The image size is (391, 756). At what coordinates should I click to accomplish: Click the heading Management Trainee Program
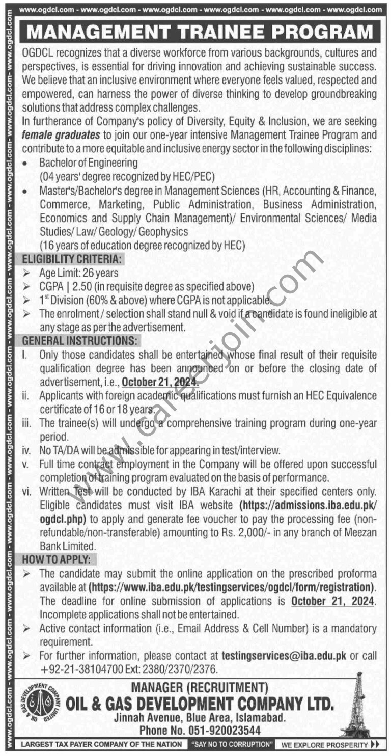200,32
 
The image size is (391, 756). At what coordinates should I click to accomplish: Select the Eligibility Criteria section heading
71,259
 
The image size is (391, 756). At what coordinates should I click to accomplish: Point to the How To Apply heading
53,559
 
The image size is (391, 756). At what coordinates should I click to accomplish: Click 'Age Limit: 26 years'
78,273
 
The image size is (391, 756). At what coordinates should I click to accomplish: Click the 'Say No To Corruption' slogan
232,744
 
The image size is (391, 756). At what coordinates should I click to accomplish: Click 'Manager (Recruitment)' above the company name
200,689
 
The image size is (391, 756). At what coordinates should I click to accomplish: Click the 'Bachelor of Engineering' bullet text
89,163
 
